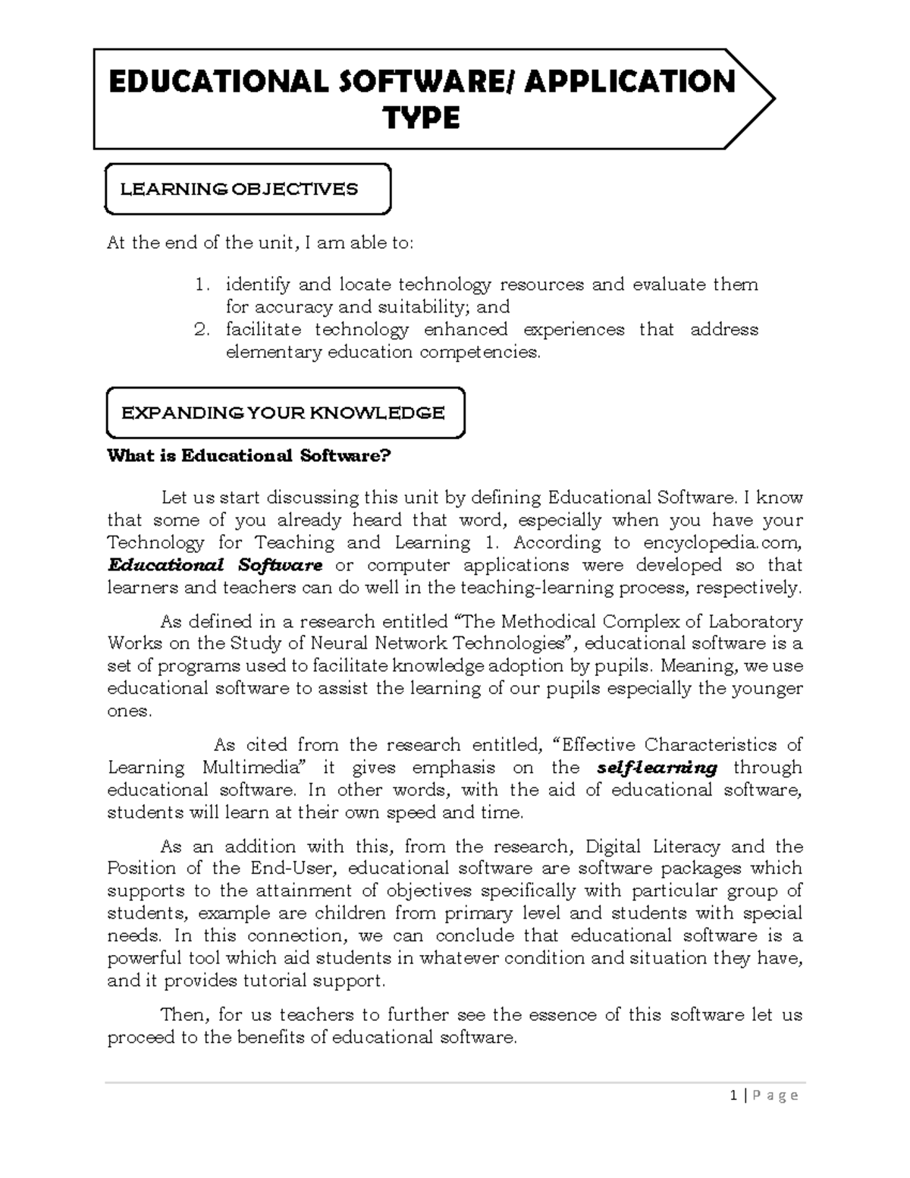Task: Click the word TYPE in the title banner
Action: click(x=422, y=119)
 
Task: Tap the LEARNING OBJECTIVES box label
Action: click(x=239, y=189)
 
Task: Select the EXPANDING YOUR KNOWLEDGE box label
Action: click(x=283, y=413)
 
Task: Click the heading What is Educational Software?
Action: click(x=249, y=456)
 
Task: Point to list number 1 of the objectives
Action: click(x=201, y=285)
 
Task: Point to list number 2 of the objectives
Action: click(x=201, y=330)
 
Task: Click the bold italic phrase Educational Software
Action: click(x=215, y=565)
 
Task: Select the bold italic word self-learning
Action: click(x=657, y=768)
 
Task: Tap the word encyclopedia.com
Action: click(x=722, y=542)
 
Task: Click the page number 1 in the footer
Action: click(x=733, y=1095)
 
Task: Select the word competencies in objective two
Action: click(x=480, y=353)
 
